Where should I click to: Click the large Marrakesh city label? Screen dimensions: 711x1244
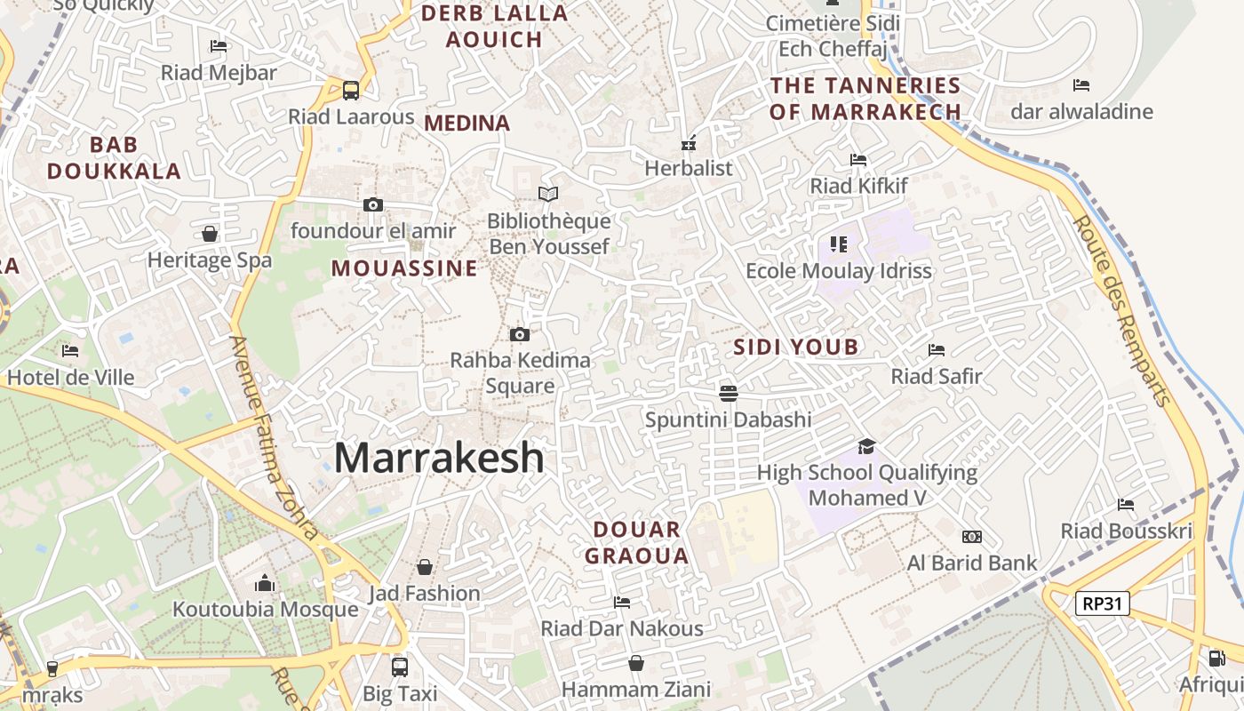(439, 458)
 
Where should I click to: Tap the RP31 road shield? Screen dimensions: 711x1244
(1102, 604)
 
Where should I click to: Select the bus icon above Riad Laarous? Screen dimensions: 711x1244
(351, 90)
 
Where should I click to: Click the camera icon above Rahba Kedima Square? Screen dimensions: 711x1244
(520, 334)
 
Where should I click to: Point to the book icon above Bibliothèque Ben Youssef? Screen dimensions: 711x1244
(548, 194)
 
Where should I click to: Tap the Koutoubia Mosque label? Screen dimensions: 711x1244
(265, 610)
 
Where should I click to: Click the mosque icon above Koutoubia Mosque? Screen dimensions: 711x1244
(265, 584)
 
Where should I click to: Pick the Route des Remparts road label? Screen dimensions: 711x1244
(1121, 311)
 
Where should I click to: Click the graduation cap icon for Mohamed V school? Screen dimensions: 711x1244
(866, 446)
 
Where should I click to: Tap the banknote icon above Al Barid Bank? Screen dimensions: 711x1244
(972, 537)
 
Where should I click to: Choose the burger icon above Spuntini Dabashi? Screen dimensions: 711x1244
(729, 393)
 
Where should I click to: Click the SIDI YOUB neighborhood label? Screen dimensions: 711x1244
(796, 347)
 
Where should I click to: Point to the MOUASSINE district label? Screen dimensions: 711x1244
(404, 268)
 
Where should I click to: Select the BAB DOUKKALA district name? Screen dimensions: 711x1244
(114, 157)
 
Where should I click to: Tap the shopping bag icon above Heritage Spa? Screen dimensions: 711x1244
(210, 234)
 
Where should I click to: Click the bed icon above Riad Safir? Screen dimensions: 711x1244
(937, 350)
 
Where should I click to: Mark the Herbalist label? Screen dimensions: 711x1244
(689, 168)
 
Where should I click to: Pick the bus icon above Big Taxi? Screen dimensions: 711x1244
(400, 666)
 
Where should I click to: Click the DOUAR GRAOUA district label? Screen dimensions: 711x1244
(640, 543)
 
